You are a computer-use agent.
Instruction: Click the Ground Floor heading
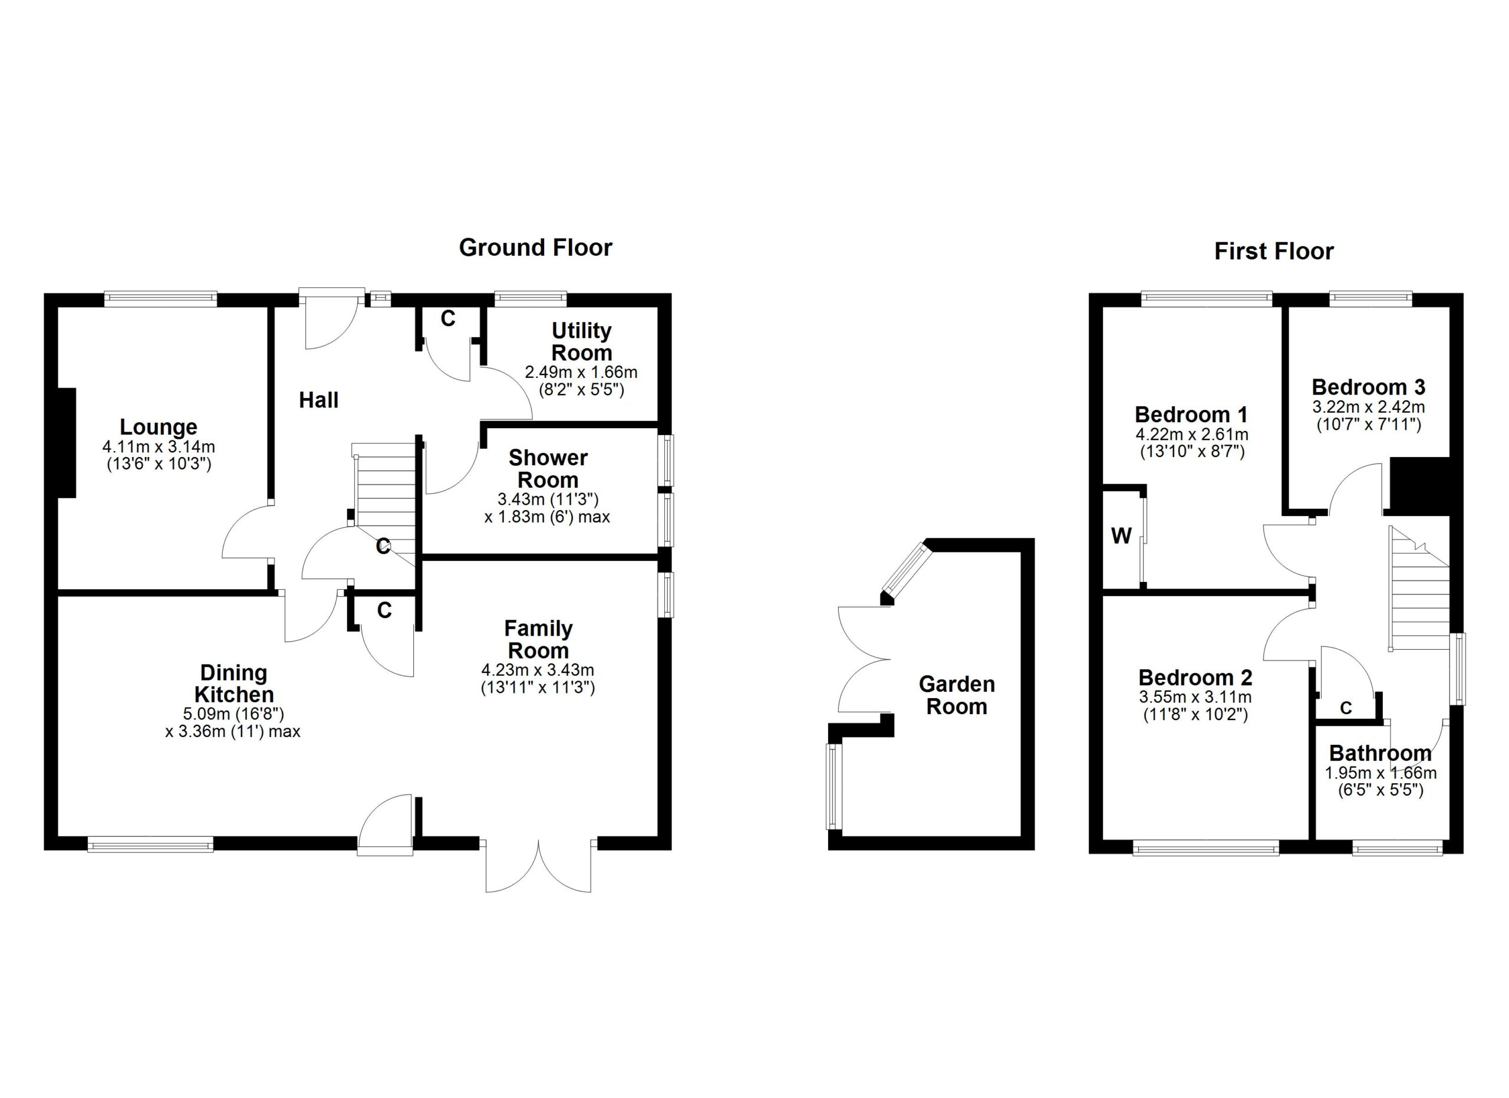(x=535, y=248)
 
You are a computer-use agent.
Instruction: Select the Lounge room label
(x=159, y=426)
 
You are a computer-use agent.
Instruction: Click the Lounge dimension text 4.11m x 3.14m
(x=159, y=447)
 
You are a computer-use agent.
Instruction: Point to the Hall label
(x=319, y=400)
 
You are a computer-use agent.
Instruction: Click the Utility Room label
(x=582, y=341)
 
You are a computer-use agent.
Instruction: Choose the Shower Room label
(x=548, y=468)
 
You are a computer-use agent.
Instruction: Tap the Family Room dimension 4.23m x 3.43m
(x=538, y=670)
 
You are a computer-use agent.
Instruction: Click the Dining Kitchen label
(x=233, y=683)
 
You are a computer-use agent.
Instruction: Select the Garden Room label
(x=957, y=695)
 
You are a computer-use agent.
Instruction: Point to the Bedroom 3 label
(x=1369, y=387)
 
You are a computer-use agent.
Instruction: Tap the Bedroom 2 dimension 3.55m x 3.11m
(x=1195, y=698)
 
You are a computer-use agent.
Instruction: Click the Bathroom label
(x=1380, y=753)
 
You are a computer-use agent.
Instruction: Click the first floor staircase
(x=1419, y=599)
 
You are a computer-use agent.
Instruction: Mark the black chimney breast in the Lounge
(x=67, y=442)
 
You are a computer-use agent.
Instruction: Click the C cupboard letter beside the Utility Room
(x=448, y=319)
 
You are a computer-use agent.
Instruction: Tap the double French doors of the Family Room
(x=538, y=865)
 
